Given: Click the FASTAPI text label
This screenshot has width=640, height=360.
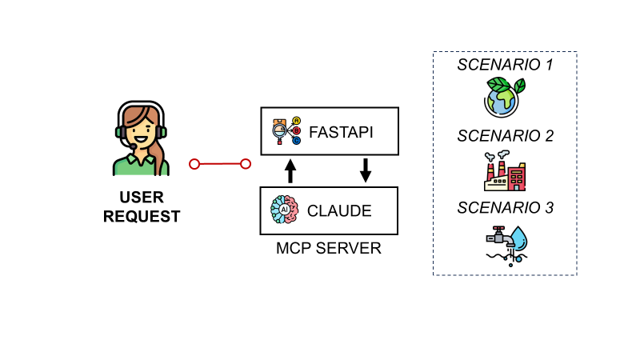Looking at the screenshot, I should pyautogui.click(x=342, y=130).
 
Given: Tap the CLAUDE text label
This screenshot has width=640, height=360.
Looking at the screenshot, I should pyautogui.click(x=339, y=210).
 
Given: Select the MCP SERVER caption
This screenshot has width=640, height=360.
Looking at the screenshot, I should pyautogui.click(x=329, y=248).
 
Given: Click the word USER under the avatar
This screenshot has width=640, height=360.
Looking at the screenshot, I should pyautogui.click(x=142, y=198).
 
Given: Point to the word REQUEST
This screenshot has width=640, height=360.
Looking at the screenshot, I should pyautogui.click(x=142, y=216).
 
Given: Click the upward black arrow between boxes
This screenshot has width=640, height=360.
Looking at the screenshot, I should pyautogui.click(x=290, y=170).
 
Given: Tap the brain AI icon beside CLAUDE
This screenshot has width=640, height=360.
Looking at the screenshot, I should pyautogui.click(x=284, y=210).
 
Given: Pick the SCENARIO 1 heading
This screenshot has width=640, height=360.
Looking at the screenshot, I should pyautogui.click(x=505, y=65).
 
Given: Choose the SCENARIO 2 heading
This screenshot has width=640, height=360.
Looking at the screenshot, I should pyautogui.click(x=505, y=136).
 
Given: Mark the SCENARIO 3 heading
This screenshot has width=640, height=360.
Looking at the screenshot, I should pyautogui.click(x=505, y=208).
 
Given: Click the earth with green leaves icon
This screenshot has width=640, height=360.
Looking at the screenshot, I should pyautogui.click(x=504, y=97).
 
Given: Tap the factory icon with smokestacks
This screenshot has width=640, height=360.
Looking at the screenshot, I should pyautogui.click(x=504, y=170).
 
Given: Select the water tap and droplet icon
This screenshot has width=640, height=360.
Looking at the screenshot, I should pyautogui.click(x=506, y=243).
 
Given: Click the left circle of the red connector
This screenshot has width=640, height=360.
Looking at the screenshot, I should pyautogui.click(x=194, y=164).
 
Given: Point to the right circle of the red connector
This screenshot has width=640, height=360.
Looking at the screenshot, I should pyautogui.click(x=246, y=164).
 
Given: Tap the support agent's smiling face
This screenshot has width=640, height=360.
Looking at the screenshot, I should pyautogui.click(x=141, y=130).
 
